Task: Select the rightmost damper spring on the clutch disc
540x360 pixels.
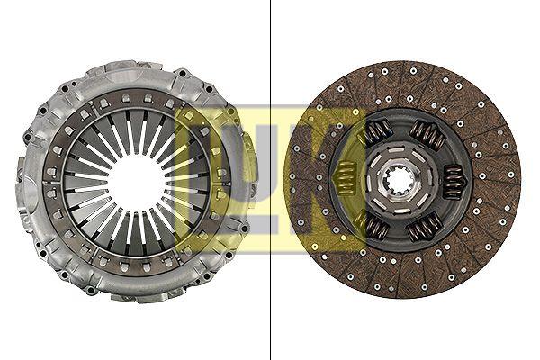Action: point(453,181)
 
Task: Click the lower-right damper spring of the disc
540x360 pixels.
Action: point(424,227)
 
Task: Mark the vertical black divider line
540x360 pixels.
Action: point(270,180)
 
